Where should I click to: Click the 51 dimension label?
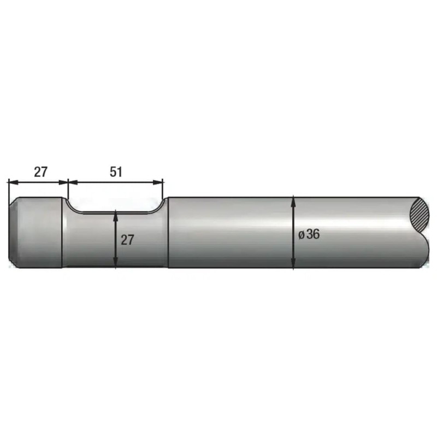116,172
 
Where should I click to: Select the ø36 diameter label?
309,234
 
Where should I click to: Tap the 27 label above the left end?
40,172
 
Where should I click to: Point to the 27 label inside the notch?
127,240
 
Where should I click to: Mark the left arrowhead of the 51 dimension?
73,182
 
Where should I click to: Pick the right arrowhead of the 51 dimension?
157,182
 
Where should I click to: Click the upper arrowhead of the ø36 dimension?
293,201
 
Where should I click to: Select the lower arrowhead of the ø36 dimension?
293,263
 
